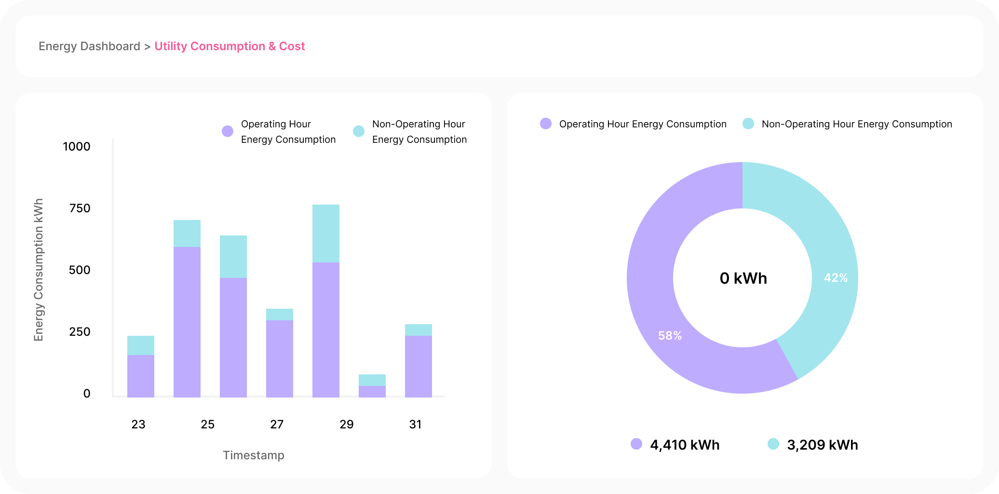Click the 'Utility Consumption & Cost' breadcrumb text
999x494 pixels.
(x=229, y=46)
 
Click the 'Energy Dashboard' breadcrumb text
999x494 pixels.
(x=89, y=46)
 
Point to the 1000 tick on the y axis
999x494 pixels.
(x=77, y=147)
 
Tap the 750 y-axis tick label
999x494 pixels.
(x=80, y=208)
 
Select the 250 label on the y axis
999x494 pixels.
(x=80, y=332)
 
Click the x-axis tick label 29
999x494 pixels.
(x=346, y=425)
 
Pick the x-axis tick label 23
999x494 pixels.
(x=138, y=425)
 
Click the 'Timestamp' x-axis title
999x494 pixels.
(x=254, y=455)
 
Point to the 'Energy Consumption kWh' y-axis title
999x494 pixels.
(x=39, y=270)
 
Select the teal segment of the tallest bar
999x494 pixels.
(x=326, y=233)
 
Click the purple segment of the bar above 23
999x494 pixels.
(x=141, y=376)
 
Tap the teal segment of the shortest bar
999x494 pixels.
(x=372, y=380)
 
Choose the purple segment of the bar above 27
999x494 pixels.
(x=280, y=359)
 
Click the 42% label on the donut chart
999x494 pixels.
(x=836, y=278)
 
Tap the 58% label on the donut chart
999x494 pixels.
(x=670, y=336)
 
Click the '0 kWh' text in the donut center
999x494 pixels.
(x=743, y=278)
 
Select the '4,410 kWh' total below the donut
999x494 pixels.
(x=685, y=445)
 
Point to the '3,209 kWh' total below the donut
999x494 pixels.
(x=822, y=445)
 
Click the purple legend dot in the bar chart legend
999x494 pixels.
(x=228, y=131)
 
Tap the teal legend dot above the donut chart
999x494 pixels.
(x=748, y=123)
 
